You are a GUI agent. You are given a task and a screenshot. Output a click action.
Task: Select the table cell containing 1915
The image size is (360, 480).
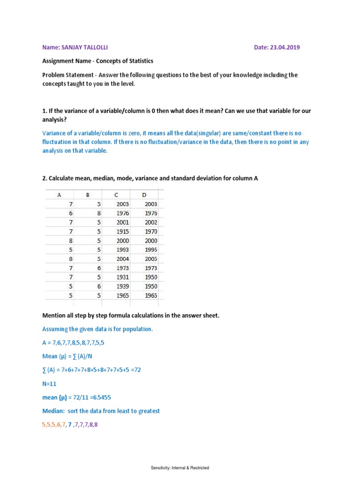click(122, 232)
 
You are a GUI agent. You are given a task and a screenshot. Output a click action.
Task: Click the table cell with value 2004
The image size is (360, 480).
click(122, 259)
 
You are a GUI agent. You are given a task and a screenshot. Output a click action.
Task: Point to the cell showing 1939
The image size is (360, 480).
click(122, 286)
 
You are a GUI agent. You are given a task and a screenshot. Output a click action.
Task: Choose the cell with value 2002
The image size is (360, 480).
click(151, 222)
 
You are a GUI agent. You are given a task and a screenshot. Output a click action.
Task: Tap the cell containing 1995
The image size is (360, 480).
click(151, 250)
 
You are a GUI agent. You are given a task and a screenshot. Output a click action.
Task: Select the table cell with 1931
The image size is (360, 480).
click(122, 277)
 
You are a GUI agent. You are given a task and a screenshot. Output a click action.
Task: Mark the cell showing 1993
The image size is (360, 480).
click(122, 250)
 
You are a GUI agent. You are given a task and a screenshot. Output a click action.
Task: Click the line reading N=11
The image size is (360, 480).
click(50, 383)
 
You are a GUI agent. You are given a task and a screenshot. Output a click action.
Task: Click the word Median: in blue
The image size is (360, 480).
click(55, 411)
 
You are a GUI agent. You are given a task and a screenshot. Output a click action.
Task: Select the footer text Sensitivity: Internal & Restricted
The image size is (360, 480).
click(180, 468)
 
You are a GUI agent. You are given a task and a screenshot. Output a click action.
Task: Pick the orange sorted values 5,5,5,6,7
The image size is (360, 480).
click(54, 425)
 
